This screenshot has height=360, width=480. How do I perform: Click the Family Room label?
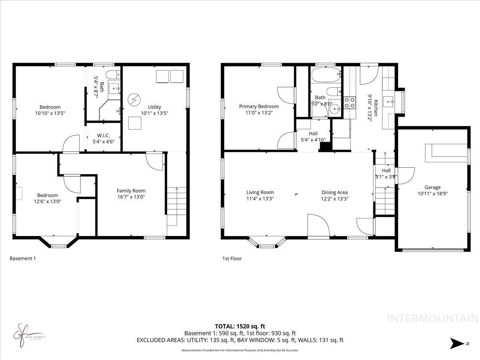131,191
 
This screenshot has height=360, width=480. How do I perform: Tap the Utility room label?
154,107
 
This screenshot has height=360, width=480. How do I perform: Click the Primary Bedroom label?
259,106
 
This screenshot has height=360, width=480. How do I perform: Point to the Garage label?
432,187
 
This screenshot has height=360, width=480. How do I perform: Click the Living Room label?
260,192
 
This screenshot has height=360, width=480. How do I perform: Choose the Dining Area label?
334,192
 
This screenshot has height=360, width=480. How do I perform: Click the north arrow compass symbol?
456,343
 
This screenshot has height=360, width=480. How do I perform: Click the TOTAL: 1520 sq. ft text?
240,326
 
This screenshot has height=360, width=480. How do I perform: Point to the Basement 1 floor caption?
23,258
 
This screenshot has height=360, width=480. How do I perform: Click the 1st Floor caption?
232,258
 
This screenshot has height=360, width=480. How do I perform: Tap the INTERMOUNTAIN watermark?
433,318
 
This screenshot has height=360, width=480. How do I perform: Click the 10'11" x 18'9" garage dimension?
432,193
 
